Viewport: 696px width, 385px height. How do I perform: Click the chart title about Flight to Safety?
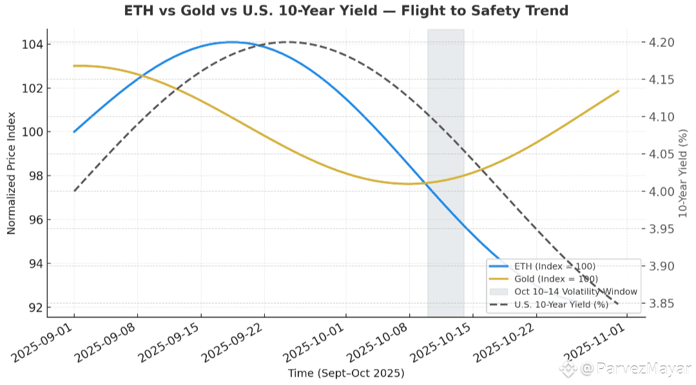click(x=347, y=10)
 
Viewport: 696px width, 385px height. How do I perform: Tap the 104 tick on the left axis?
click(x=34, y=44)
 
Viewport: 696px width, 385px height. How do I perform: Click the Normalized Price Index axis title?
click(x=12, y=173)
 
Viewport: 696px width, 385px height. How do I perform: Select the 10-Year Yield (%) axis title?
click(x=684, y=173)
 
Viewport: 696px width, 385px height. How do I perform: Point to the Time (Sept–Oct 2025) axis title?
click(x=346, y=373)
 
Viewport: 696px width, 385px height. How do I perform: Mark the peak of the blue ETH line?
click(x=231, y=42)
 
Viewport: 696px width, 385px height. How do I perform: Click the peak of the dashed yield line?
click(x=288, y=42)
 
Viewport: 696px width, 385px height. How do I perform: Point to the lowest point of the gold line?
click(x=408, y=183)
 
